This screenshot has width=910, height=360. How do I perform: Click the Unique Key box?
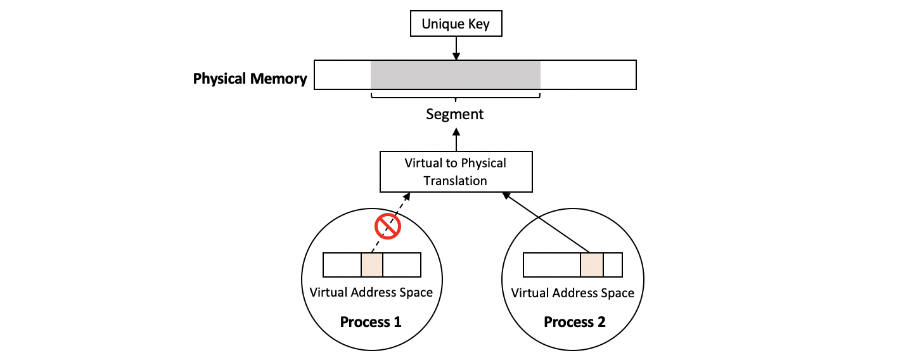456,25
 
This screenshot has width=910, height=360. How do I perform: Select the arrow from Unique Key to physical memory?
456,48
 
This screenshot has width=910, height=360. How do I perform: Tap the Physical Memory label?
250,79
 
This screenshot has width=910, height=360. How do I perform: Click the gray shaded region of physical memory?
455,75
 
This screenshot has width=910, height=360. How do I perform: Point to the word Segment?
454,115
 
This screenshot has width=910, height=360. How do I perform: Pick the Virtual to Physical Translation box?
456,172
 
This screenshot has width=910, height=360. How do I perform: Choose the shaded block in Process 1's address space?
372,265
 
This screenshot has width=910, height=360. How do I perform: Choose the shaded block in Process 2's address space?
591,265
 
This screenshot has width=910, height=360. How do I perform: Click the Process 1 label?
371,322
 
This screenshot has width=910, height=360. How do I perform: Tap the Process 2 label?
575,322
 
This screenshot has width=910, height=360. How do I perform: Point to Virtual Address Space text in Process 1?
371,293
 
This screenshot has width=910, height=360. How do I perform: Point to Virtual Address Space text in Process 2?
572,293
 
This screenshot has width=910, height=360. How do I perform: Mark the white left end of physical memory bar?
342,75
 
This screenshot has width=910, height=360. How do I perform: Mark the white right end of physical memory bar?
588,75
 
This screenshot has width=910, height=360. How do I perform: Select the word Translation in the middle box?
455,181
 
